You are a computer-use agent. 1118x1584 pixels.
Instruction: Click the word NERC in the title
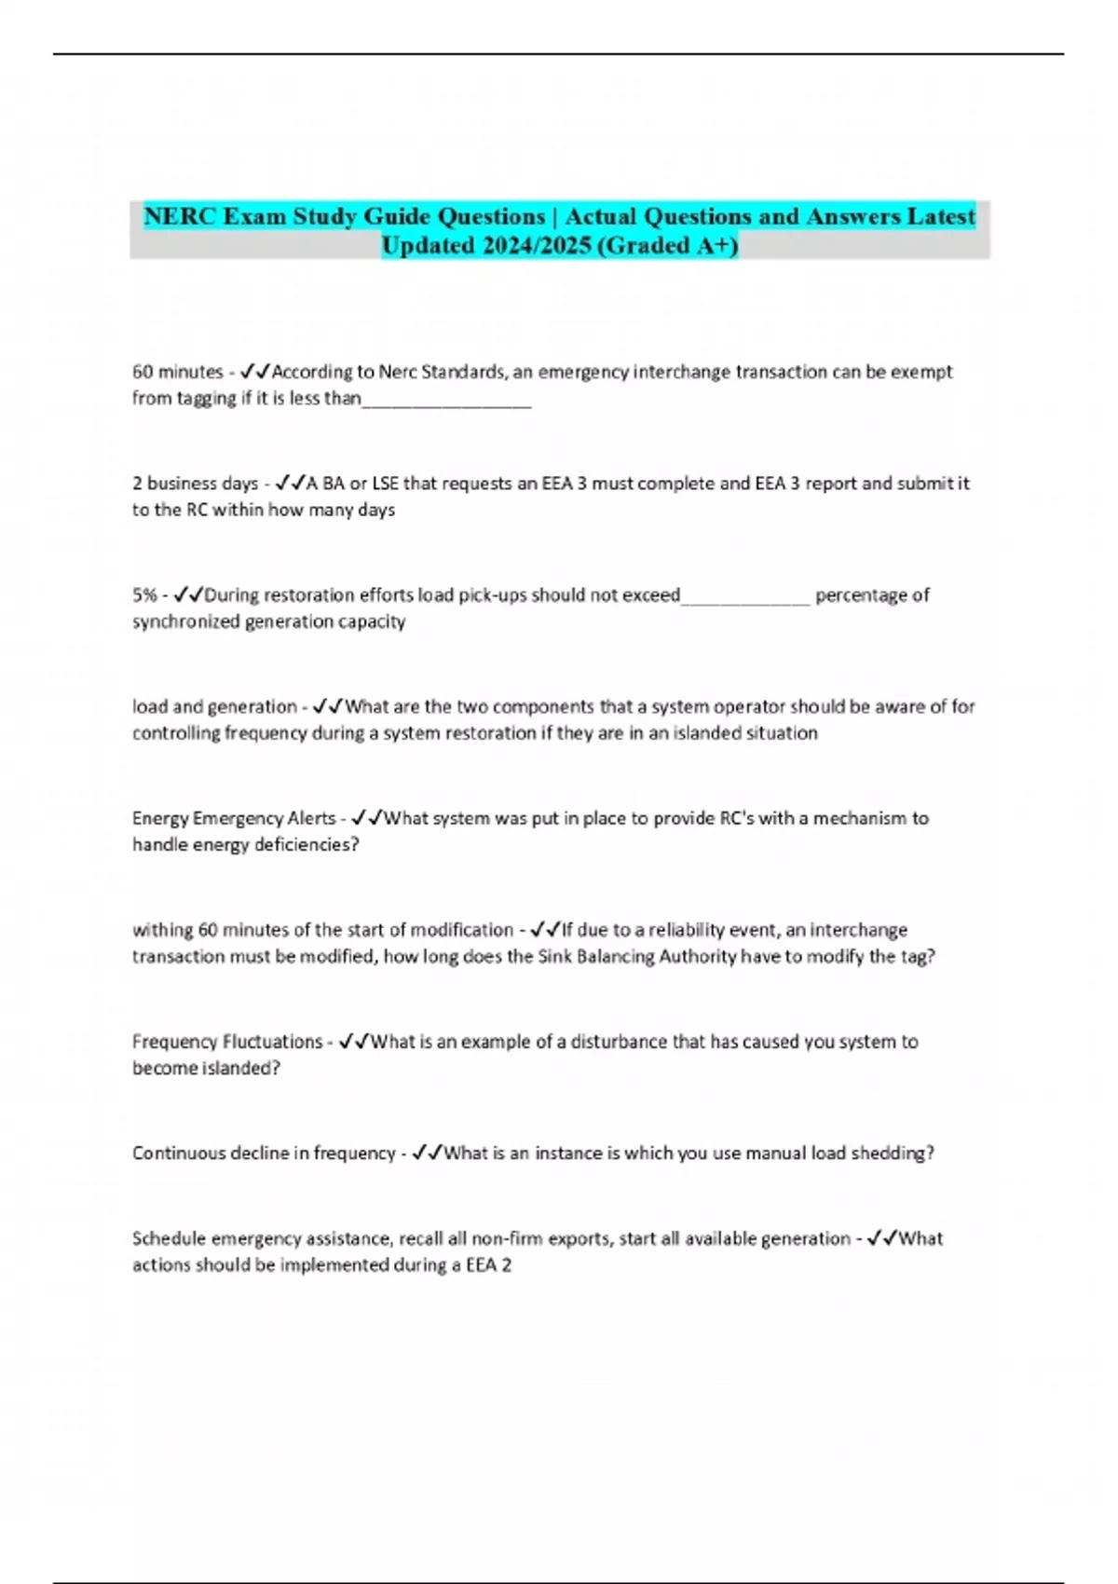(181, 216)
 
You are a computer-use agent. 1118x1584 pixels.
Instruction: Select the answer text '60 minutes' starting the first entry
(177, 372)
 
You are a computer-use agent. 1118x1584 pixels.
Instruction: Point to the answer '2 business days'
(195, 484)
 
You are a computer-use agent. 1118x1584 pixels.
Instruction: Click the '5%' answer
(144, 595)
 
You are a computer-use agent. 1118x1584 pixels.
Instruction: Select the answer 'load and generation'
(214, 707)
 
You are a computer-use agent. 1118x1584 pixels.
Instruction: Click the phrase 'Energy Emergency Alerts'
(233, 819)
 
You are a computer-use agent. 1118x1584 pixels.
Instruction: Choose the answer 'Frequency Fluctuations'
(226, 1042)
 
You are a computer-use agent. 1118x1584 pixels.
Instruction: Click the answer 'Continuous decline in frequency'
(264, 1154)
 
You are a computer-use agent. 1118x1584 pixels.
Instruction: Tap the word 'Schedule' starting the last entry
(169, 1239)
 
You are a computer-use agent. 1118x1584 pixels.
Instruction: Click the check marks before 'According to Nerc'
(255, 372)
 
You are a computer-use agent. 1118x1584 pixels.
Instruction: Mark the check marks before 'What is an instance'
(427, 1154)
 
